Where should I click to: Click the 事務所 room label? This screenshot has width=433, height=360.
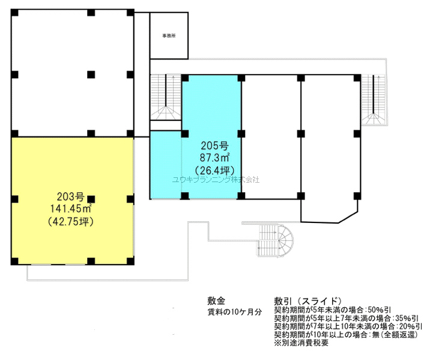click(169, 35)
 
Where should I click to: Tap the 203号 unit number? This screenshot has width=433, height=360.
click(70, 197)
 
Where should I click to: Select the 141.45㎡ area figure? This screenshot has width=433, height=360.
click(71, 209)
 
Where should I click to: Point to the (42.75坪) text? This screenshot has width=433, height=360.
click(71, 222)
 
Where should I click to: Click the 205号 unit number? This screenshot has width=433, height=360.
click(214, 145)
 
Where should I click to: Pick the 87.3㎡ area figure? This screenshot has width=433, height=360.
click(215, 157)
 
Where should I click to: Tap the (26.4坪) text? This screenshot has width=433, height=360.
click(214, 170)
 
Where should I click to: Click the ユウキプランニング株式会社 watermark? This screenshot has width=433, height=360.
click(216, 180)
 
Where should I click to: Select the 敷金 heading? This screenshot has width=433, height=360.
click(216, 301)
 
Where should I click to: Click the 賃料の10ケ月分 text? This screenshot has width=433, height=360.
click(234, 312)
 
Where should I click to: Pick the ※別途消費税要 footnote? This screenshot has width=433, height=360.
click(301, 343)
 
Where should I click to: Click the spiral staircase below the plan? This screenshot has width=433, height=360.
click(275, 240)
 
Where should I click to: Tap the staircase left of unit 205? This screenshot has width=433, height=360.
click(165, 97)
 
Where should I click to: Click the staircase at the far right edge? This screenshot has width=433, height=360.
click(374, 99)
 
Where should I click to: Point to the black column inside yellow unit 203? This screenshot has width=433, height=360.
click(91, 199)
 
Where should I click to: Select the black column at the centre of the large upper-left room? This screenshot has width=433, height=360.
click(91, 75)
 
